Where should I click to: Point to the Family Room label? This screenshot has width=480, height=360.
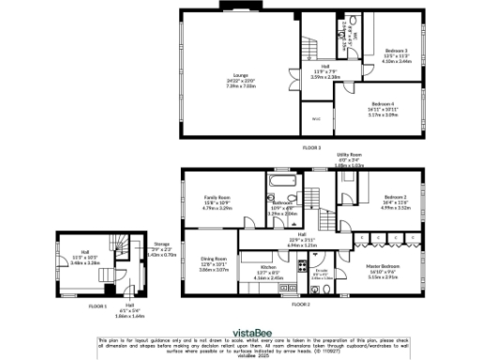pos(217,197)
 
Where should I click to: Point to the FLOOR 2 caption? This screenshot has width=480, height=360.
pos(300,305)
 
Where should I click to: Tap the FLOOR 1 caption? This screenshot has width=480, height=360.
pos(98,305)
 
